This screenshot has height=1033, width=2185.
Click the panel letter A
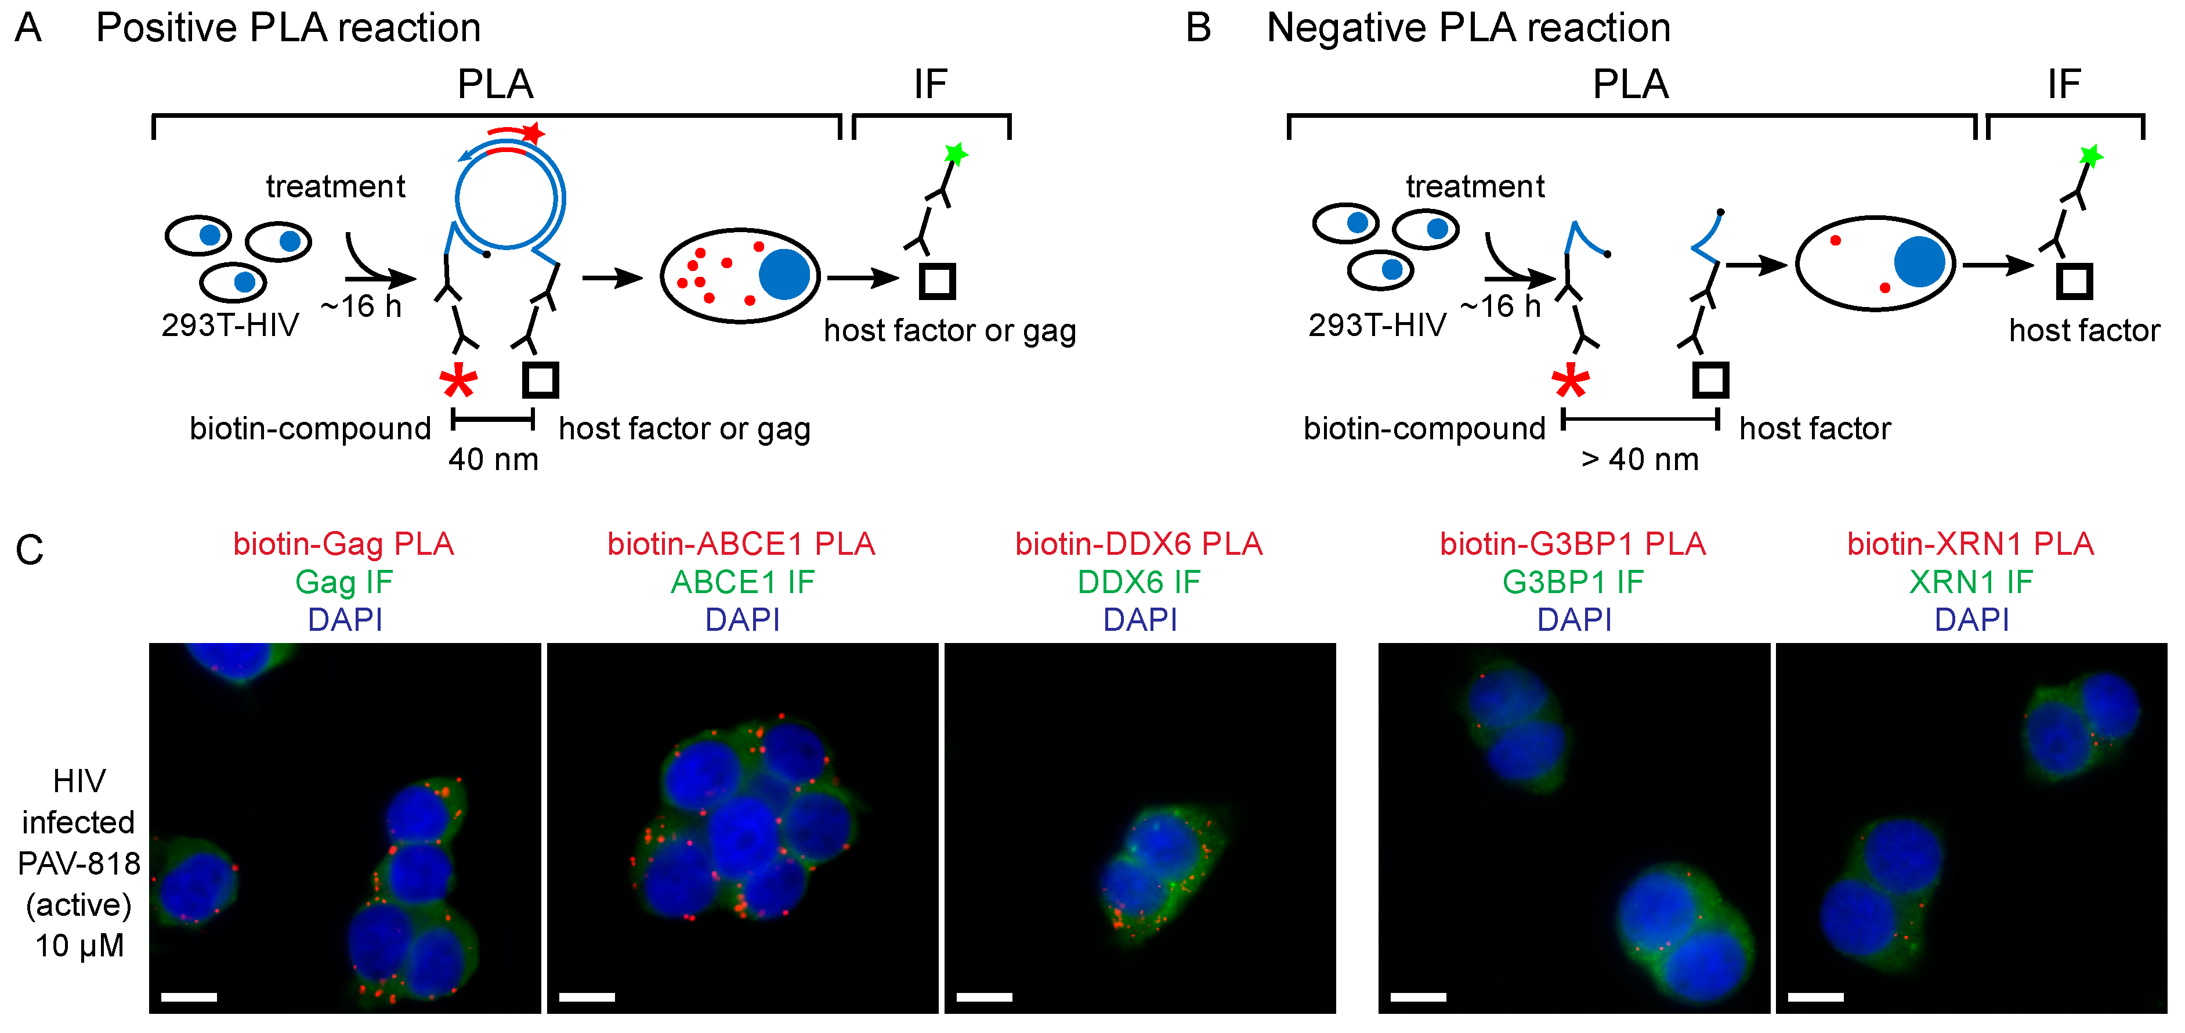tap(28, 28)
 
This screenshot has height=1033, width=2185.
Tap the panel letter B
tap(1198, 28)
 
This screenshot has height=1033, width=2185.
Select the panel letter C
tap(30, 550)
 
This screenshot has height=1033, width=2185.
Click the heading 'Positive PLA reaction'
tap(288, 28)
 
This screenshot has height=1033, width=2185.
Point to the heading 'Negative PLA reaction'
tap(1468, 28)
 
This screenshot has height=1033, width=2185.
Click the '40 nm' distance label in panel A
tap(493, 460)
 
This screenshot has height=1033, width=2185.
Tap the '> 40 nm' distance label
tap(1640, 460)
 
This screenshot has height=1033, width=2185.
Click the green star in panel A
tap(956, 154)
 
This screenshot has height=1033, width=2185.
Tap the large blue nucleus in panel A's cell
tap(784, 274)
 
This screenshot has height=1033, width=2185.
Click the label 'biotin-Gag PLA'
tap(343, 544)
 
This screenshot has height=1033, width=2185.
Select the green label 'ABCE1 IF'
tap(742, 582)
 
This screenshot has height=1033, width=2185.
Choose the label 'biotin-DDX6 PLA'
tap(1138, 544)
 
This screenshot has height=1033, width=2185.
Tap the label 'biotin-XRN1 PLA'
tap(1970, 544)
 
